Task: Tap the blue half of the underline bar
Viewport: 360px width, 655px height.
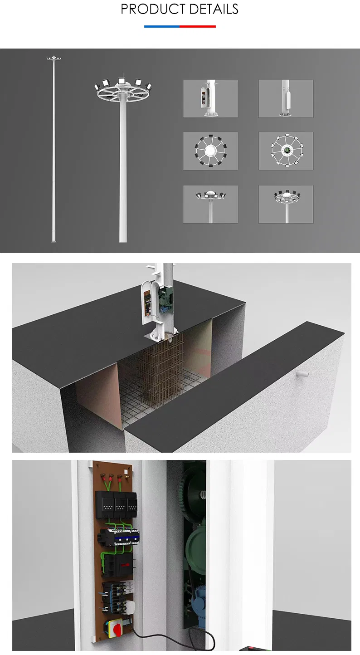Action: tap(162, 26)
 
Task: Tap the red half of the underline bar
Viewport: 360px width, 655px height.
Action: tap(198, 26)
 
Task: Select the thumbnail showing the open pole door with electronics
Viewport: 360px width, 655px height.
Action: tap(210, 98)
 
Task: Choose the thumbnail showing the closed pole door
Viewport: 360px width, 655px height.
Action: tap(286, 98)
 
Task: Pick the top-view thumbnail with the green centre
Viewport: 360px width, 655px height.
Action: tap(286, 151)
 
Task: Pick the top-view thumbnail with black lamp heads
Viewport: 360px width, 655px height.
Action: tap(210, 151)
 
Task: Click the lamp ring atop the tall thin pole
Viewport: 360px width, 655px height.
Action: tap(54, 59)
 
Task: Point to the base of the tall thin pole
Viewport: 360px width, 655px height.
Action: tap(54, 240)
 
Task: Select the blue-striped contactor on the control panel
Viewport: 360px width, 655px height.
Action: tap(122, 538)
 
